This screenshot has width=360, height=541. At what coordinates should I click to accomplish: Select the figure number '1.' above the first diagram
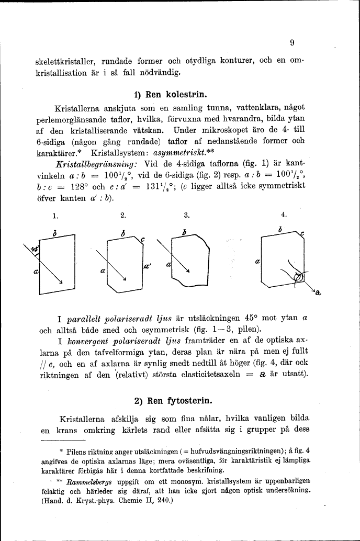click(x=56, y=215)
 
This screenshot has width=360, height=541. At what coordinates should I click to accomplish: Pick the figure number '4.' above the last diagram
click(x=284, y=215)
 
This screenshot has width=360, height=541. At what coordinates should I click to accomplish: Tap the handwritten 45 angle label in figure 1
click(x=35, y=250)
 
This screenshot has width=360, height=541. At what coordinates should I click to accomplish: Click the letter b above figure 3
click(x=184, y=232)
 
